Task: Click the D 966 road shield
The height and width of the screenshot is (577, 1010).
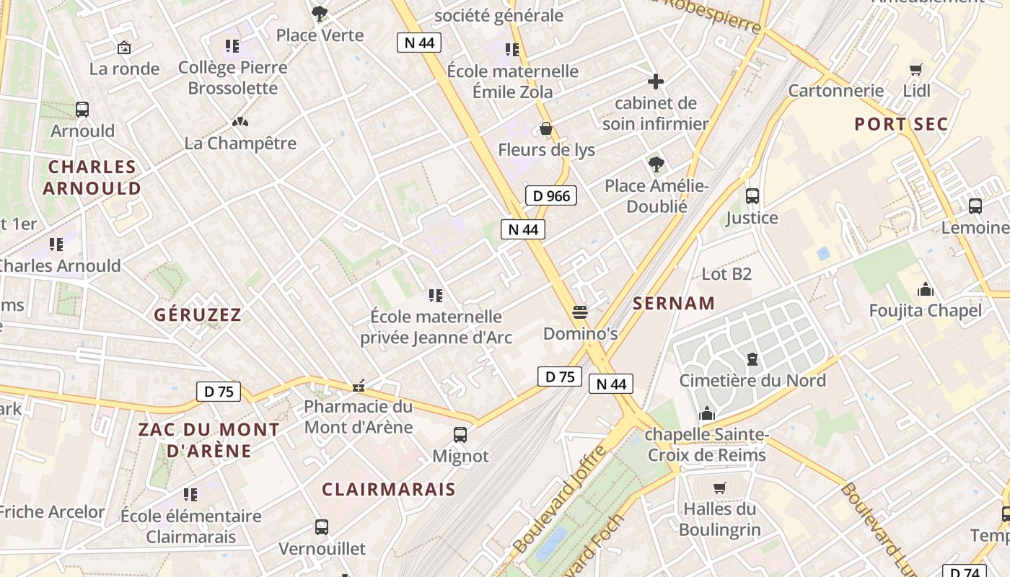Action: point(551,195)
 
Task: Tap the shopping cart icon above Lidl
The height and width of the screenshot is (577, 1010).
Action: point(916,69)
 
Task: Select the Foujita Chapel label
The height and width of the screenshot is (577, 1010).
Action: point(926,311)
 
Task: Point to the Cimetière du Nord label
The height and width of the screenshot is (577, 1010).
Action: point(752,380)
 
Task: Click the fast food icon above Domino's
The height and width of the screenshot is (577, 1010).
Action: point(580,312)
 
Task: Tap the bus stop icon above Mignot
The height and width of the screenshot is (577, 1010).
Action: point(460,435)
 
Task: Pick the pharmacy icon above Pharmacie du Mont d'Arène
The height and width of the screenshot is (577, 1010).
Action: point(358,386)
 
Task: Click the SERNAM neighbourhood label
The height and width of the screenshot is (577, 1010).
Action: point(674,304)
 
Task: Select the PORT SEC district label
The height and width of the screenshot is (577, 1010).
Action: point(901,124)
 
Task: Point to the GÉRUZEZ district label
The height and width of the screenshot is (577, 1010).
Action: point(198,315)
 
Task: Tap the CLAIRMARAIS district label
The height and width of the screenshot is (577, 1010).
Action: point(389,490)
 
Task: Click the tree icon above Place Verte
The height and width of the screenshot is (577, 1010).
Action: point(320,13)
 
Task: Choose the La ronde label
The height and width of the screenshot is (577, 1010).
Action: point(125,69)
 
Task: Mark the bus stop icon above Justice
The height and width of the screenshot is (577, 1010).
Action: point(752,195)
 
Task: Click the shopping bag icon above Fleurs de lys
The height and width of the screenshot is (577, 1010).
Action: point(546,129)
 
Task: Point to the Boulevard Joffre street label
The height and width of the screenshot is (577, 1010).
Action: point(560,498)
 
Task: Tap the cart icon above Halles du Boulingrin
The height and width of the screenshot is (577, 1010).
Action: point(719,488)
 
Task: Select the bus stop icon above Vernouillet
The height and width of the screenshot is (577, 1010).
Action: point(322,527)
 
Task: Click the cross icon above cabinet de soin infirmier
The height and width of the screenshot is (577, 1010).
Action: point(656,82)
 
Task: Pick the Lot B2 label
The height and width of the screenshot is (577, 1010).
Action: point(726,274)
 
